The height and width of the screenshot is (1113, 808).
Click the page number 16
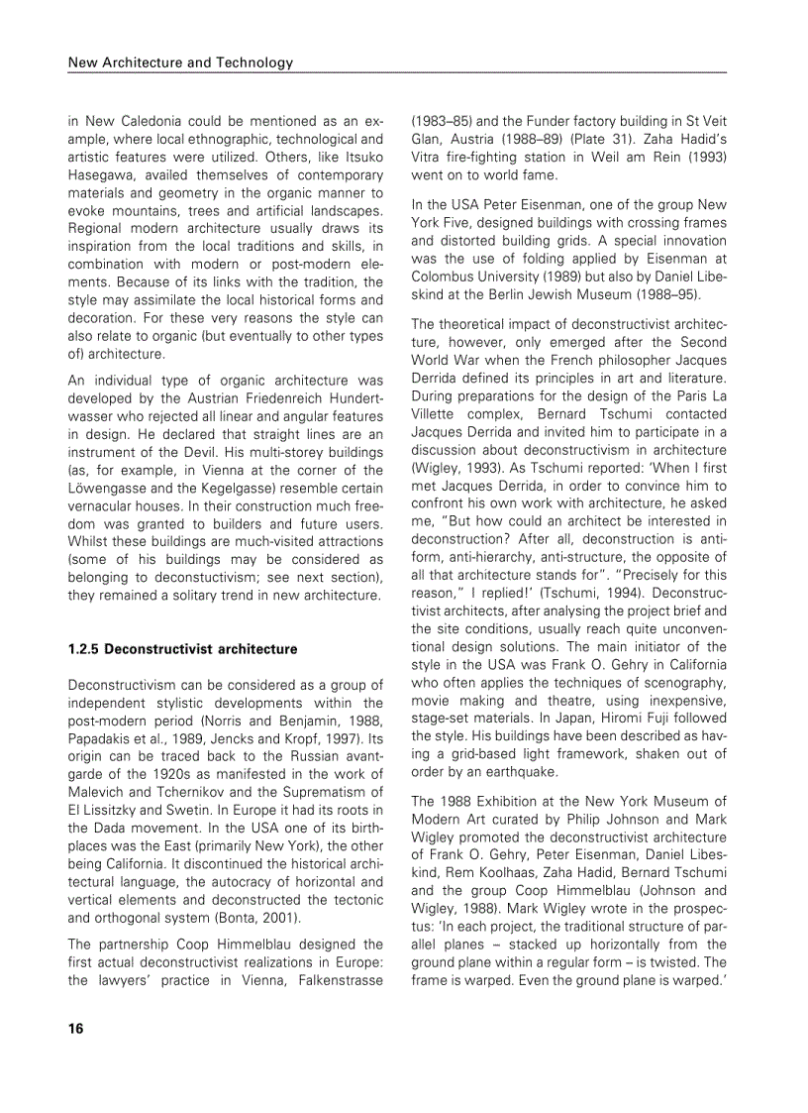click(x=75, y=1028)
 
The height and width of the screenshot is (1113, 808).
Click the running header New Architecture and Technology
click(x=180, y=62)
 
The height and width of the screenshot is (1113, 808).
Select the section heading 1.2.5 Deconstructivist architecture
click(x=182, y=649)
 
